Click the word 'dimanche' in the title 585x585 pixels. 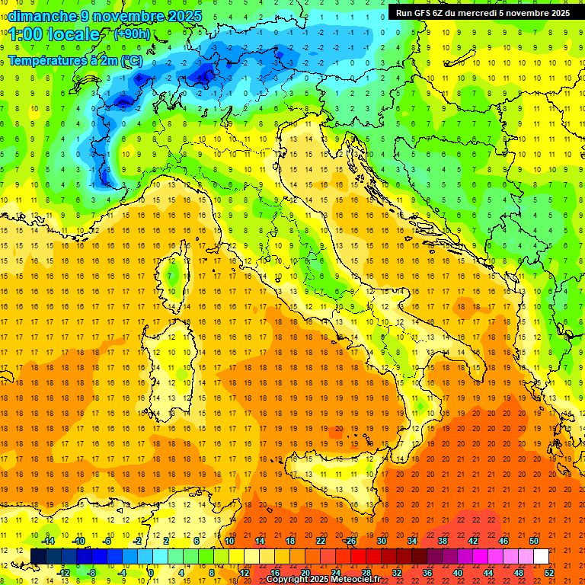(43, 16)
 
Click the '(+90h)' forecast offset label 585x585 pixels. (132, 34)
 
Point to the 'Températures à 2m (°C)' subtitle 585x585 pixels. (75, 59)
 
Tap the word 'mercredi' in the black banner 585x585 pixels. (477, 12)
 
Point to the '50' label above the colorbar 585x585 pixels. (533, 541)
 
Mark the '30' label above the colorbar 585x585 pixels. (381, 541)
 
